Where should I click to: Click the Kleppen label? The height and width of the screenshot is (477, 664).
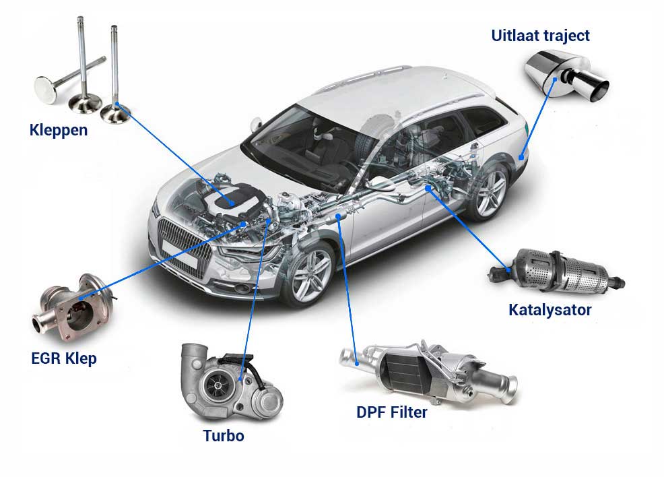click(59, 129)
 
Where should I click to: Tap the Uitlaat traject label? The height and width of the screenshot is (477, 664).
click(540, 35)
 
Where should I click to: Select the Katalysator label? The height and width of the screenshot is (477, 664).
click(550, 310)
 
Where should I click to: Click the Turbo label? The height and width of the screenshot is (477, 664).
click(224, 435)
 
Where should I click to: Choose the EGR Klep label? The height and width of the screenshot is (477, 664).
click(63, 358)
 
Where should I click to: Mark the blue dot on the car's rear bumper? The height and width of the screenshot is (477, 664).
click(521, 157)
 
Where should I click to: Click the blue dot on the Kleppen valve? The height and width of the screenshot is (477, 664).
click(116, 106)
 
